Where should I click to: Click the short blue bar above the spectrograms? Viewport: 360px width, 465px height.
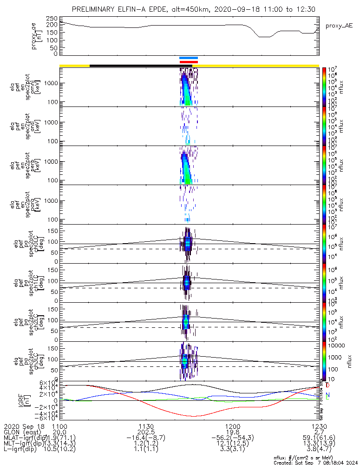189,58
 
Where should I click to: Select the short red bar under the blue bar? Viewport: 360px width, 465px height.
189,62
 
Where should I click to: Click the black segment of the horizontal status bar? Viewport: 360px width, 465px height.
135,66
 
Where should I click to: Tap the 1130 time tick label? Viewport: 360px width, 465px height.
146,426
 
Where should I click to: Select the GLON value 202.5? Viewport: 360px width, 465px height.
146,432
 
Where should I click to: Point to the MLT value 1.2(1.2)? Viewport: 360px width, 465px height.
146,444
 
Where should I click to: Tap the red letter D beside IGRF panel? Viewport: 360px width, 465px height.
328,386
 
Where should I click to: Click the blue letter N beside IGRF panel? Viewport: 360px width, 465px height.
328,394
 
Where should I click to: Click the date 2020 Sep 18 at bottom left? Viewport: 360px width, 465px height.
23,426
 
